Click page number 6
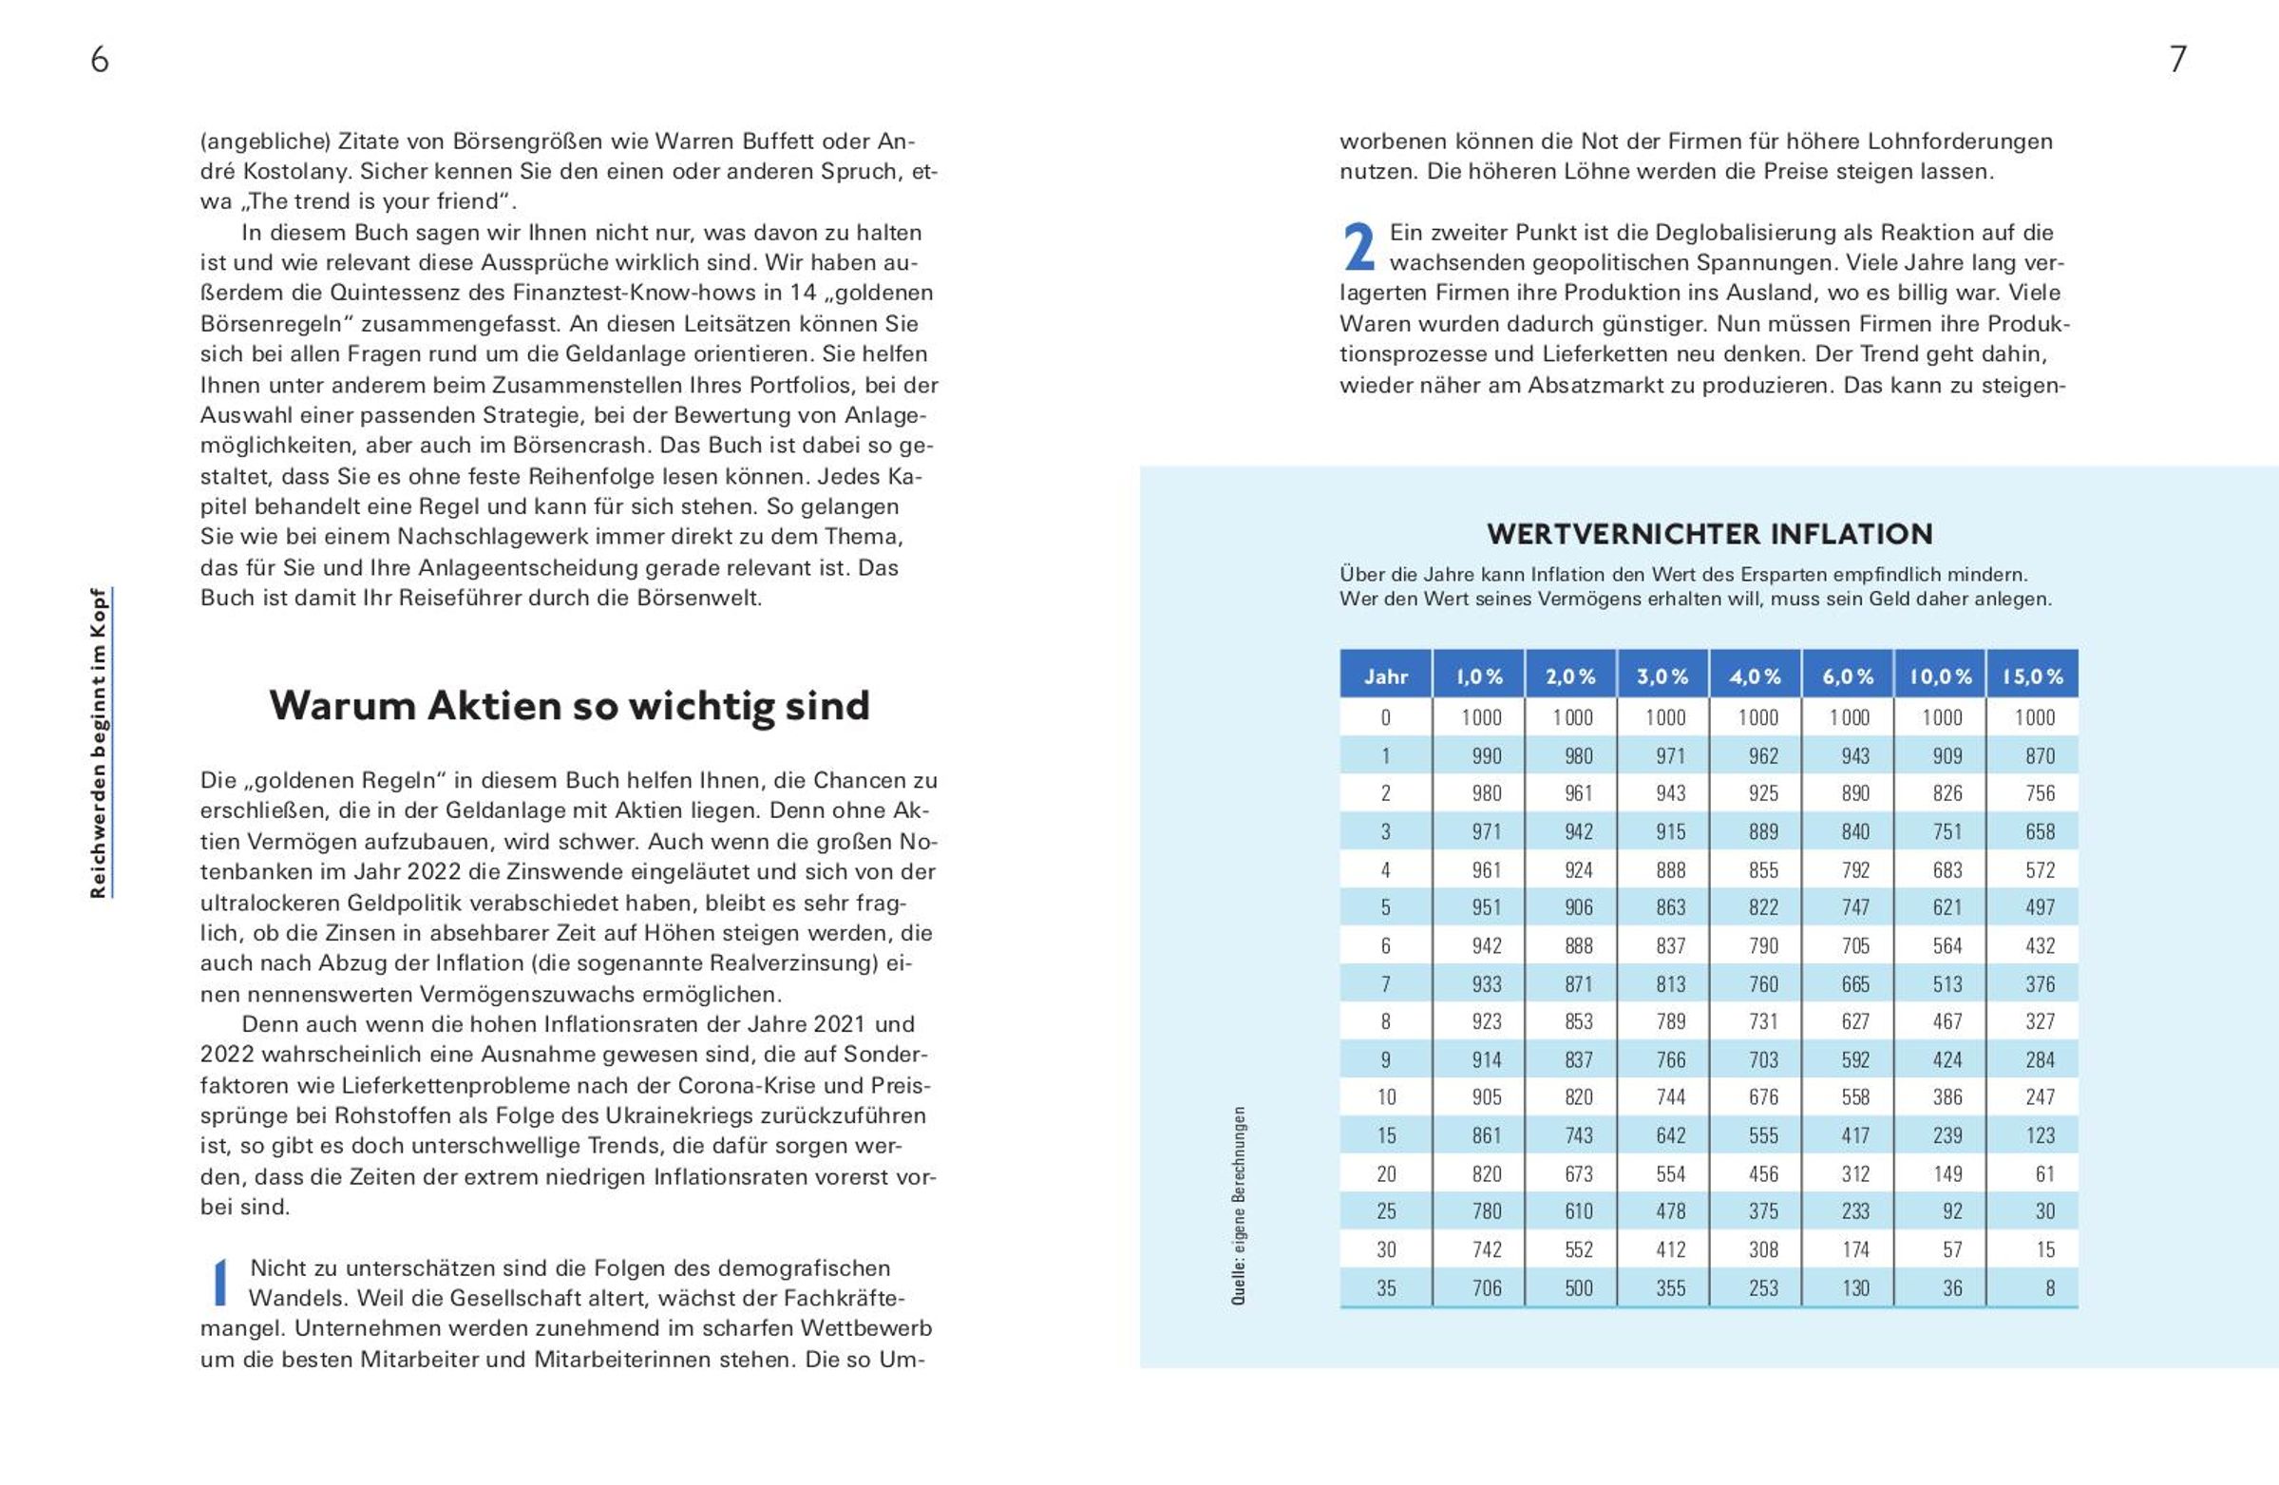pyautogui.click(x=100, y=60)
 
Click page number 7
pyautogui.click(x=2177, y=60)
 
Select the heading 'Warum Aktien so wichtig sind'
pyautogui.click(x=569, y=707)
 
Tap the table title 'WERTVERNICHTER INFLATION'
pyautogui.click(x=1709, y=534)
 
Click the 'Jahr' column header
pyautogui.click(x=1385, y=676)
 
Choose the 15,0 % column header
pyautogui.click(x=2032, y=676)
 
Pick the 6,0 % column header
pyautogui.click(x=1847, y=676)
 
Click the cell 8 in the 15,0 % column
pyautogui.click(x=2049, y=1288)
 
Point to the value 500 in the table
pyautogui.click(x=1578, y=1288)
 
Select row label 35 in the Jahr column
pyautogui.click(x=1386, y=1288)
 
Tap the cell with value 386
pyautogui.click(x=1947, y=1097)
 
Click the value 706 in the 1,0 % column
pyautogui.click(x=1486, y=1288)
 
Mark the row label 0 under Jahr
pyautogui.click(x=1385, y=717)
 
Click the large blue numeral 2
pyautogui.click(x=1358, y=247)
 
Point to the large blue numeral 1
pyautogui.click(x=220, y=1283)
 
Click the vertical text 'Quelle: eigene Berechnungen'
pyautogui.click(x=1238, y=1206)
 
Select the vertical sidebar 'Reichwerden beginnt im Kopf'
pyautogui.click(x=99, y=743)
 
